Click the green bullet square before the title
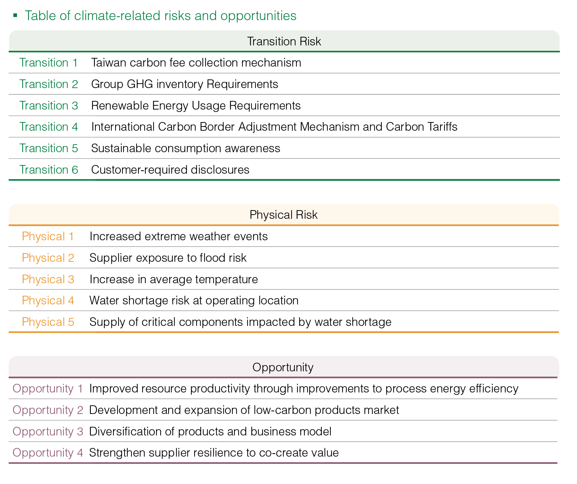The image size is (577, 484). click(15, 15)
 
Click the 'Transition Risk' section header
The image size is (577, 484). click(284, 41)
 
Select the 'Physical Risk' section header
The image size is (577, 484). click(283, 215)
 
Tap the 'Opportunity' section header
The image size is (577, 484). click(283, 367)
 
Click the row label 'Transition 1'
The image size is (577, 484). click(49, 63)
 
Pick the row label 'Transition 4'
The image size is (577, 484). click(49, 127)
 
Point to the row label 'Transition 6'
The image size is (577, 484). click(49, 170)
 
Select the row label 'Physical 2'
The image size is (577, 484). click(48, 258)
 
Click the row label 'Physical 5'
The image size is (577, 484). click(48, 322)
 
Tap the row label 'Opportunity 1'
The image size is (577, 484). click(48, 389)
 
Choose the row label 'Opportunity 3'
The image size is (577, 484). click(48, 432)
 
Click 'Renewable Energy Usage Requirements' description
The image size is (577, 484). click(197, 106)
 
